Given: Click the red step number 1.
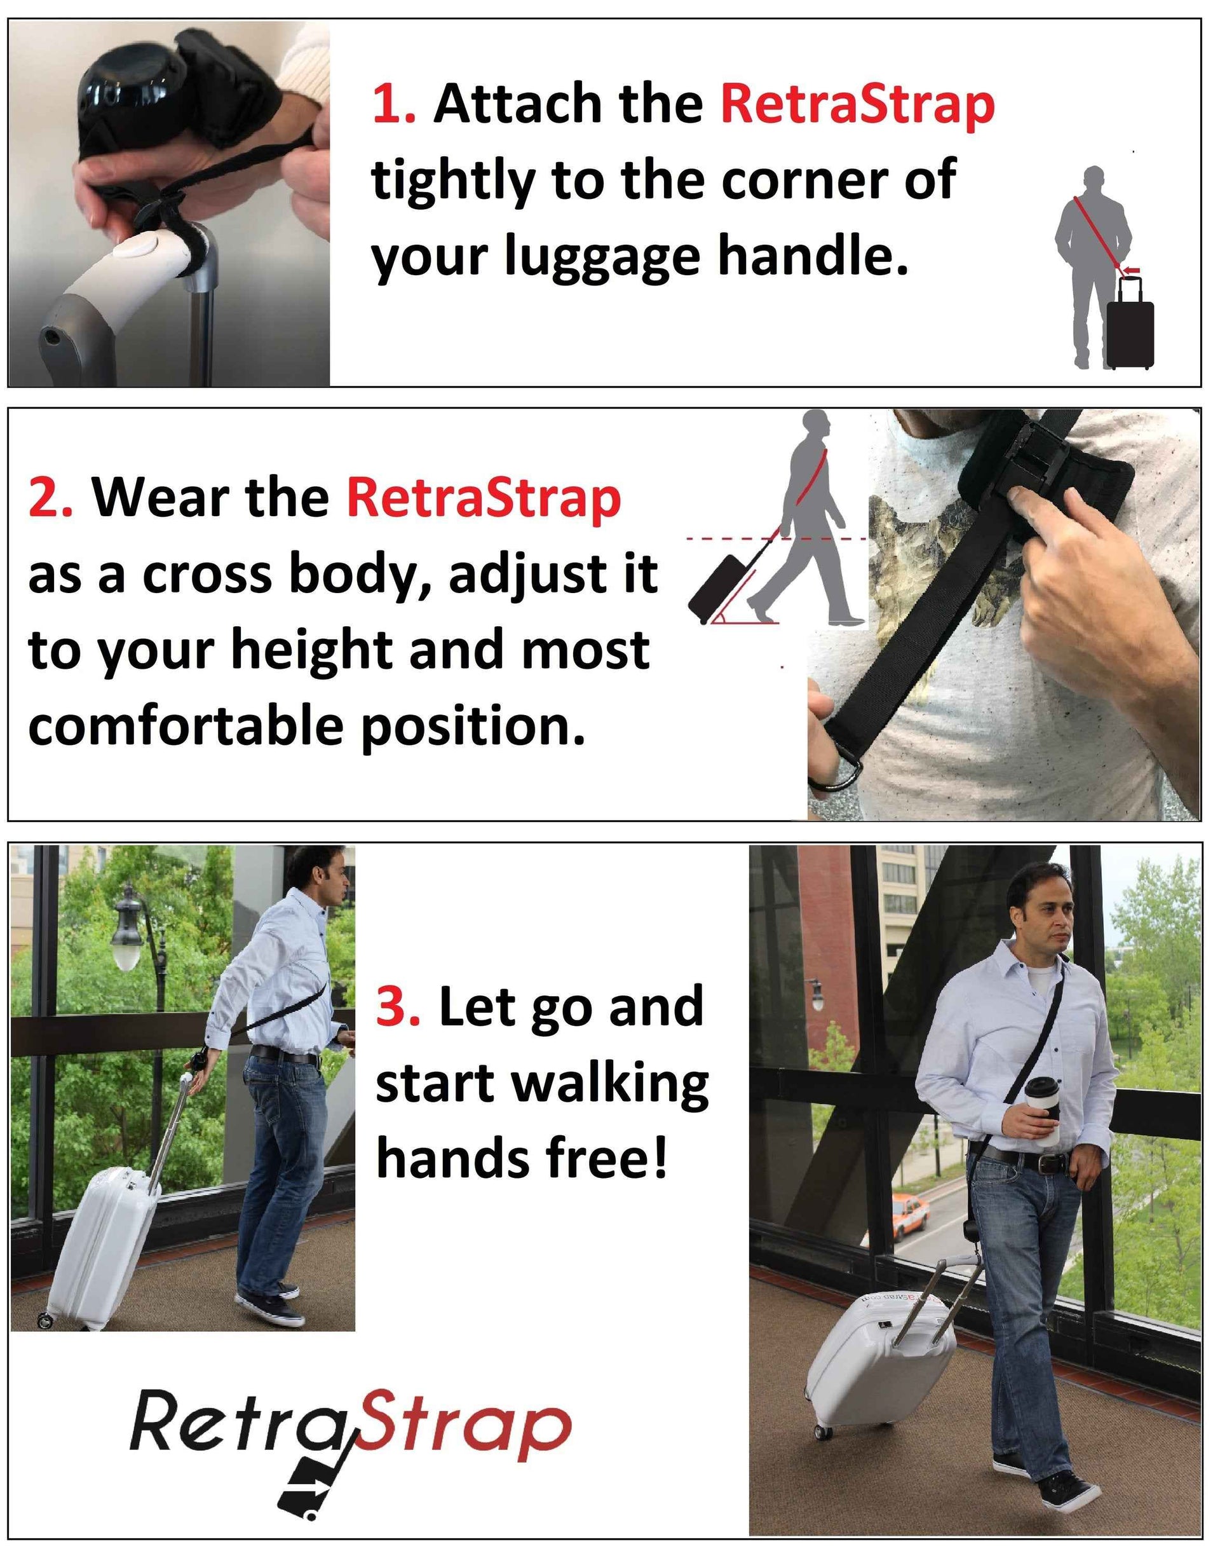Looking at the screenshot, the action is [x=395, y=104].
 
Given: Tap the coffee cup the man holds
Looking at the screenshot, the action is [x=1042, y=1109].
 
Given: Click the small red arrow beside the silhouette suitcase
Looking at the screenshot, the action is [x=1132, y=270].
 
